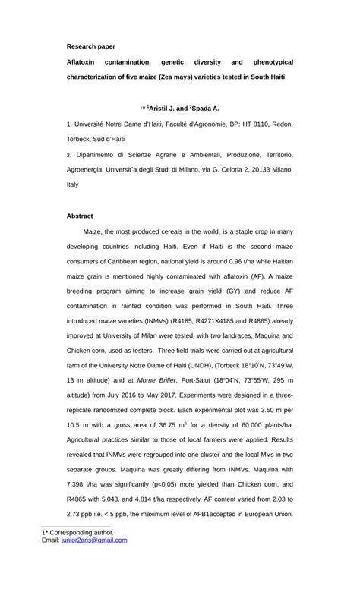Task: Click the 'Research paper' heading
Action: [90, 46]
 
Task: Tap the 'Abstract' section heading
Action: [80, 216]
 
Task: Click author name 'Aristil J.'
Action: [166, 109]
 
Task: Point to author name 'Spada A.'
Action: [206, 109]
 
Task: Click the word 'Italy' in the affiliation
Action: [73, 184]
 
